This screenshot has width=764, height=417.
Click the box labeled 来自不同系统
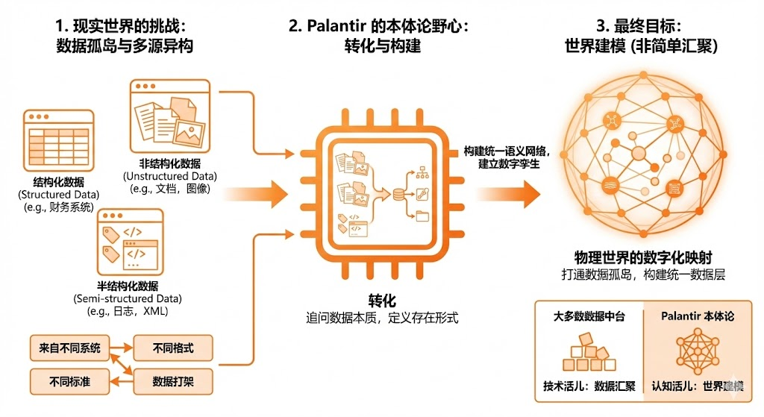pyautogui.click(x=69, y=348)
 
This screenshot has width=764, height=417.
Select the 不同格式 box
pyautogui.click(x=172, y=348)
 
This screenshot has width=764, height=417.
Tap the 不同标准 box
pyautogui.click(x=69, y=381)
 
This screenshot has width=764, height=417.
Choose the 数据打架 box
pyautogui.click(x=172, y=381)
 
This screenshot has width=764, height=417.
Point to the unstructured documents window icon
pyautogui.click(x=169, y=116)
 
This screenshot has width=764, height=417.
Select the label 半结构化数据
pyautogui.click(x=128, y=286)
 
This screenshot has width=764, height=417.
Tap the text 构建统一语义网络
pyautogui.click(x=507, y=150)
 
